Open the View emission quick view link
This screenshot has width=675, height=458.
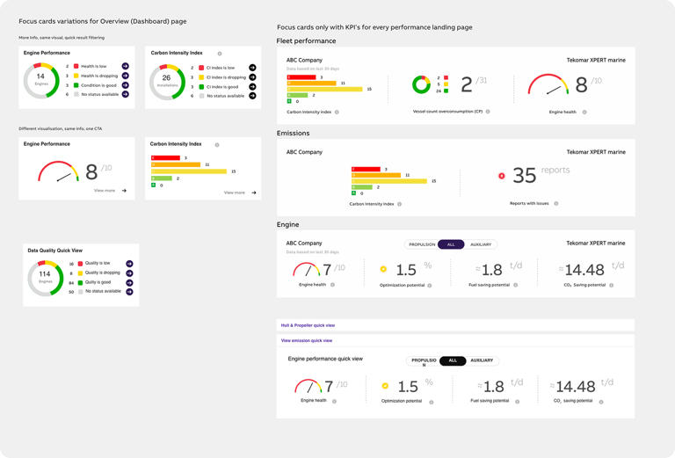(x=306, y=340)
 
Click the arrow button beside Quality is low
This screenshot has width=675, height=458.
(x=128, y=263)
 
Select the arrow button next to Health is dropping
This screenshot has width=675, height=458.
(x=126, y=76)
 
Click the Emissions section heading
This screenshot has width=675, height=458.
(x=293, y=134)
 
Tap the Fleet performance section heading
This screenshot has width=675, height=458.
(x=306, y=41)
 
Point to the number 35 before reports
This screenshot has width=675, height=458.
(x=524, y=176)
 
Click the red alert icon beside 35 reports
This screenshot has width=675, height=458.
(x=502, y=176)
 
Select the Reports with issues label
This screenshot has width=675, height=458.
(x=529, y=203)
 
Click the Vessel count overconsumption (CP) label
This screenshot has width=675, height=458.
(x=447, y=112)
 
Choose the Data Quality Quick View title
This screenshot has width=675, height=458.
(x=55, y=250)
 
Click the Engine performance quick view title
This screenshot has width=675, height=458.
(x=325, y=359)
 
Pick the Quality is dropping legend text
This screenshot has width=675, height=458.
(x=103, y=273)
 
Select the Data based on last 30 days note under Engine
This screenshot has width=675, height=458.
(x=313, y=251)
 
